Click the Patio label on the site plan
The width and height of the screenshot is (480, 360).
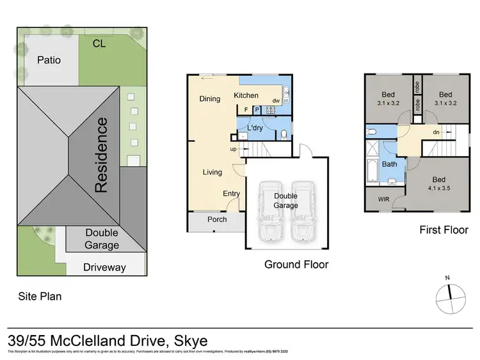(x=49, y=60)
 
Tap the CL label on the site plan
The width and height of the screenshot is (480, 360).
(x=99, y=44)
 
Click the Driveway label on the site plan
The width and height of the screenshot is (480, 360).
(x=105, y=267)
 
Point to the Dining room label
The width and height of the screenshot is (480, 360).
(x=209, y=99)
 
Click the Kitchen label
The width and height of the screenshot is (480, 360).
(x=246, y=96)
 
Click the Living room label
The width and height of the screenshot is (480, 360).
(x=212, y=172)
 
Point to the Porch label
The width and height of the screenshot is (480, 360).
(x=217, y=219)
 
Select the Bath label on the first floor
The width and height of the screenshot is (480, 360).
(x=390, y=164)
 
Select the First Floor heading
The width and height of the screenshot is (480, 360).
(x=444, y=230)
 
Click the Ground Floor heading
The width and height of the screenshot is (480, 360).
(x=296, y=263)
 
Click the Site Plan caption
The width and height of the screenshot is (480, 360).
(x=39, y=296)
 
